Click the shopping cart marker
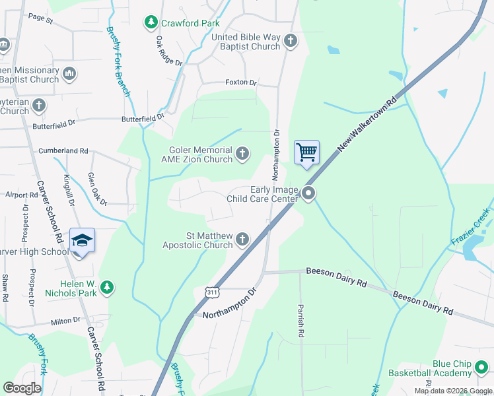pyautogui.click(x=306, y=152)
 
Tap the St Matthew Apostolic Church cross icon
pyautogui.click(x=242, y=239)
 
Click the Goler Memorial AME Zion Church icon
pyautogui.click(x=242, y=154)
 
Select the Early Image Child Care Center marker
pyautogui.click(x=308, y=193)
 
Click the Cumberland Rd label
pyautogui.click(x=63, y=150)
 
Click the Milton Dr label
pyautogui.click(x=65, y=320)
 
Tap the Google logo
pyautogui.click(x=22, y=388)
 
